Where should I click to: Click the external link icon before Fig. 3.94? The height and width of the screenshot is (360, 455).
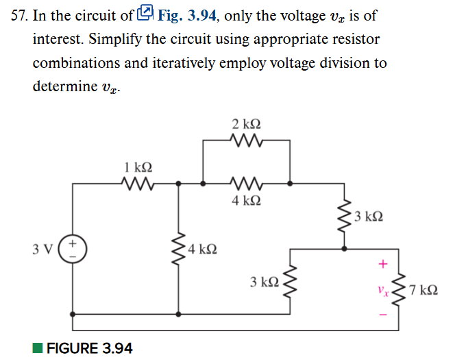click(x=145, y=13)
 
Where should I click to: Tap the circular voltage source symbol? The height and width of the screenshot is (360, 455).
click(x=73, y=248)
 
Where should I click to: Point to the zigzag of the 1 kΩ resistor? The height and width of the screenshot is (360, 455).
click(x=137, y=183)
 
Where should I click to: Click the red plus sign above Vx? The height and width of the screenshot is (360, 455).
click(x=383, y=263)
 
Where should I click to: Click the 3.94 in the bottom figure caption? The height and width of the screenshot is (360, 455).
click(x=117, y=348)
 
